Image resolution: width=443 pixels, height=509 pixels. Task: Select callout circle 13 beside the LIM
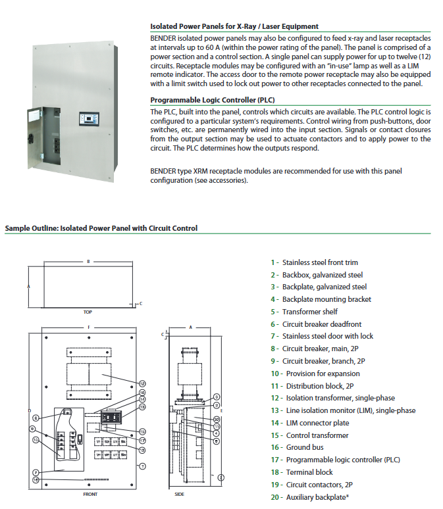pos(142,407)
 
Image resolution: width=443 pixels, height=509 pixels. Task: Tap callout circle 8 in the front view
pos(36,417)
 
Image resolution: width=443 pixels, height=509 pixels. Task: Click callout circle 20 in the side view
pos(217,418)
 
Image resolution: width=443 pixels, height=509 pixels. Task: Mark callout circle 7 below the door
pos(36,472)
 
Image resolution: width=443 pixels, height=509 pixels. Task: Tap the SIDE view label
pos(179,493)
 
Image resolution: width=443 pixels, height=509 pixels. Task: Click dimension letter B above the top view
pos(88,261)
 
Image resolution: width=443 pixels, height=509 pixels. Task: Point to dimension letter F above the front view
pos(89,327)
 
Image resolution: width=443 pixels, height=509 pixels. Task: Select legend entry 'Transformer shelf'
pos(304,312)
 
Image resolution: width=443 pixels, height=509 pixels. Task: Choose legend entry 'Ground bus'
pos(303,447)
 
